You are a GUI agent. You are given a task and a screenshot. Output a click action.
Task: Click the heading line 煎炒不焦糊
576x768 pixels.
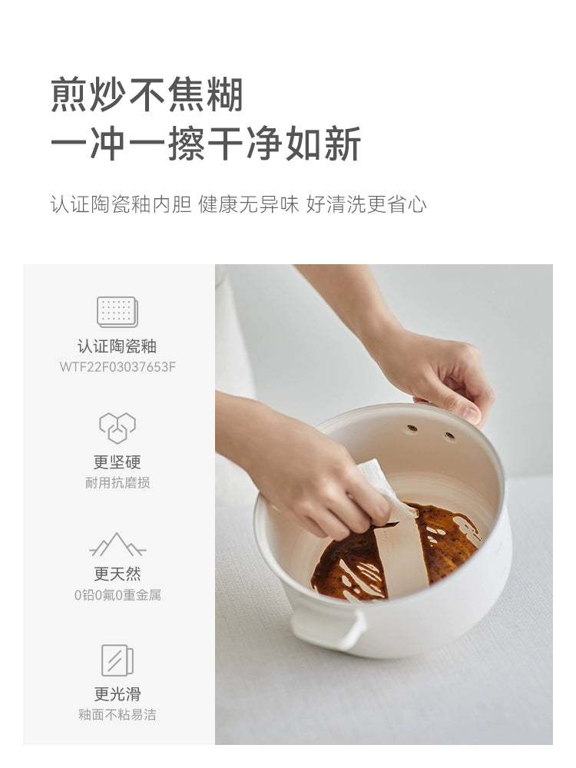147,94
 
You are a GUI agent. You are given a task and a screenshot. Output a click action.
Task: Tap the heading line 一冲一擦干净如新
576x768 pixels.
206,143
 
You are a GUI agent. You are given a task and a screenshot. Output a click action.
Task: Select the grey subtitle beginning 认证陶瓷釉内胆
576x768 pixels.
239,204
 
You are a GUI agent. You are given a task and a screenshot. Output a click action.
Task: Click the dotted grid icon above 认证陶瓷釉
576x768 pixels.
118,312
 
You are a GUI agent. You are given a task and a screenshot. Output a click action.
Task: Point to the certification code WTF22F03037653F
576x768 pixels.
118,367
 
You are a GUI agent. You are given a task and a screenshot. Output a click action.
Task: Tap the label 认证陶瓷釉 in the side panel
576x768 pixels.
117,346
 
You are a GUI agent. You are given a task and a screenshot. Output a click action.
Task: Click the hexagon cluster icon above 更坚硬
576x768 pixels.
118,428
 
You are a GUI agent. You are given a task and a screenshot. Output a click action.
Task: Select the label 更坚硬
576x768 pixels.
118,462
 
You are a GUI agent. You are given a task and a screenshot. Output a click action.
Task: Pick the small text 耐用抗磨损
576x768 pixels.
118,483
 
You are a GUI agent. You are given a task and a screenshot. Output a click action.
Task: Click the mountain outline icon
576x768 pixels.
118,545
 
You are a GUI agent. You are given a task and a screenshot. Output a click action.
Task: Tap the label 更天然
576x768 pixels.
118,574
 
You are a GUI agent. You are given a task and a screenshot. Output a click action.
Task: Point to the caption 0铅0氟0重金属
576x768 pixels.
118,595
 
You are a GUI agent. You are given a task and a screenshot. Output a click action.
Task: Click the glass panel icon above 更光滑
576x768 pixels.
118,660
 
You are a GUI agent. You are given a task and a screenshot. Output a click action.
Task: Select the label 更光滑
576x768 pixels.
118,694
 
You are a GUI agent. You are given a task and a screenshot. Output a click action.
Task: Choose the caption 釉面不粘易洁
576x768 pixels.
118,714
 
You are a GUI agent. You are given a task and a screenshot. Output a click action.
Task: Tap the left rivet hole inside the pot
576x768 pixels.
412,429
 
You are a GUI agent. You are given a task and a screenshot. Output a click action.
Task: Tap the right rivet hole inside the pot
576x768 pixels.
449,435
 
